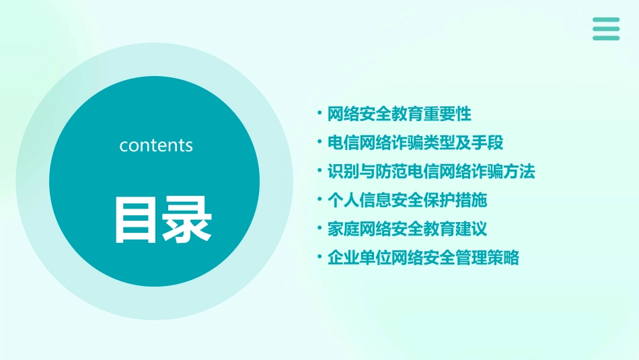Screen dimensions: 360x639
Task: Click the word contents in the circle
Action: (x=156, y=145)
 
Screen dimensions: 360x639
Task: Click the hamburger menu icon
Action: (x=606, y=28)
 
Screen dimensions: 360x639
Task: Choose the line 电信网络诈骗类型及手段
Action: (x=415, y=143)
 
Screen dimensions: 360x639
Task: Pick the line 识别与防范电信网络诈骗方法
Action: (x=430, y=172)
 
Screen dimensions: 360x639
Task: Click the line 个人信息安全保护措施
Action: (x=407, y=201)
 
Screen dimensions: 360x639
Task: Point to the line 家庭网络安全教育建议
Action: (x=407, y=229)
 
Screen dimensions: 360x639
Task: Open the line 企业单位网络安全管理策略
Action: (x=423, y=258)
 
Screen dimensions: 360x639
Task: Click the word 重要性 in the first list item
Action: (x=447, y=114)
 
